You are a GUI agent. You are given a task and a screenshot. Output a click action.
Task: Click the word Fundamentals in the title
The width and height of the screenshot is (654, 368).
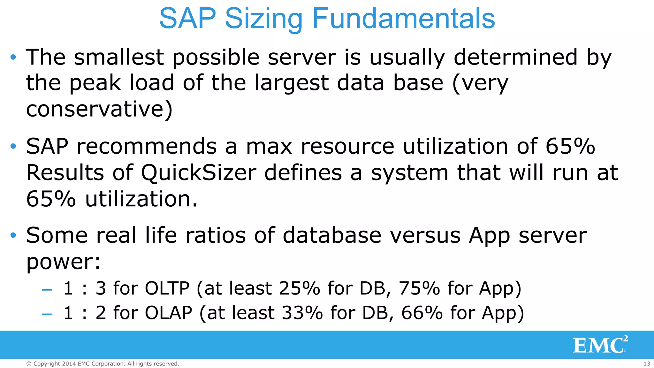(x=403, y=18)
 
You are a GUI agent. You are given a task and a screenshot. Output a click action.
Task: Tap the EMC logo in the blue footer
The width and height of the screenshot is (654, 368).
(x=600, y=345)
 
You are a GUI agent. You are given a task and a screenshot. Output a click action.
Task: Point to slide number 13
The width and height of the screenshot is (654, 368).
(x=647, y=364)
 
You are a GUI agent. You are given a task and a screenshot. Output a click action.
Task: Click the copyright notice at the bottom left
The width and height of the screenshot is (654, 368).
(x=103, y=364)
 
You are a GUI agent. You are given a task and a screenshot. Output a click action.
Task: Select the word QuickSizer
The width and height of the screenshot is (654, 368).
(x=199, y=173)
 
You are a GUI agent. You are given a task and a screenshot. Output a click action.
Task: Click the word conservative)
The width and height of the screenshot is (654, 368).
(x=99, y=109)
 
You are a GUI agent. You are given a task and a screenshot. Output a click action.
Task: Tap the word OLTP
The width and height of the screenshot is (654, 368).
(x=167, y=288)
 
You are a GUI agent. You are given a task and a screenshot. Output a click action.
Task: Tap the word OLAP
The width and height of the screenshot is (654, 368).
(x=169, y=312)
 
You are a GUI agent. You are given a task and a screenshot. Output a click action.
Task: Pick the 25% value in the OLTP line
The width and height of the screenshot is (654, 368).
(x=300, y=288)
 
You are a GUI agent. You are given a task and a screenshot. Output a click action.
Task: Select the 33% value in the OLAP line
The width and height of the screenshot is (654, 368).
(x=302, y=312)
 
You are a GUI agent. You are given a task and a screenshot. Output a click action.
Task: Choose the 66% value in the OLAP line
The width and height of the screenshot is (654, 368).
(x=422, y=312)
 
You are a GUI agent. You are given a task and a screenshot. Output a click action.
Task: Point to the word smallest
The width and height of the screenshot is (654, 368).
(x=119, y=57)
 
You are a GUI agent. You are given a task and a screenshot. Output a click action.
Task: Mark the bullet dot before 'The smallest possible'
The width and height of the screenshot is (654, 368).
(x=13, y=57)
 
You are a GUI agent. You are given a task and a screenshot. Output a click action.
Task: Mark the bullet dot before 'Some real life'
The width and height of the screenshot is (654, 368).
(x=13, y=235)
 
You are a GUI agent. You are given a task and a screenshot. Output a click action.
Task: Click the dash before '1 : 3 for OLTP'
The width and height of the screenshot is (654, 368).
(x=47, y=289)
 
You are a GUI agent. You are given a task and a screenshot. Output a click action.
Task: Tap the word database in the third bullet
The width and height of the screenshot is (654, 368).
(x=332, y=235)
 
